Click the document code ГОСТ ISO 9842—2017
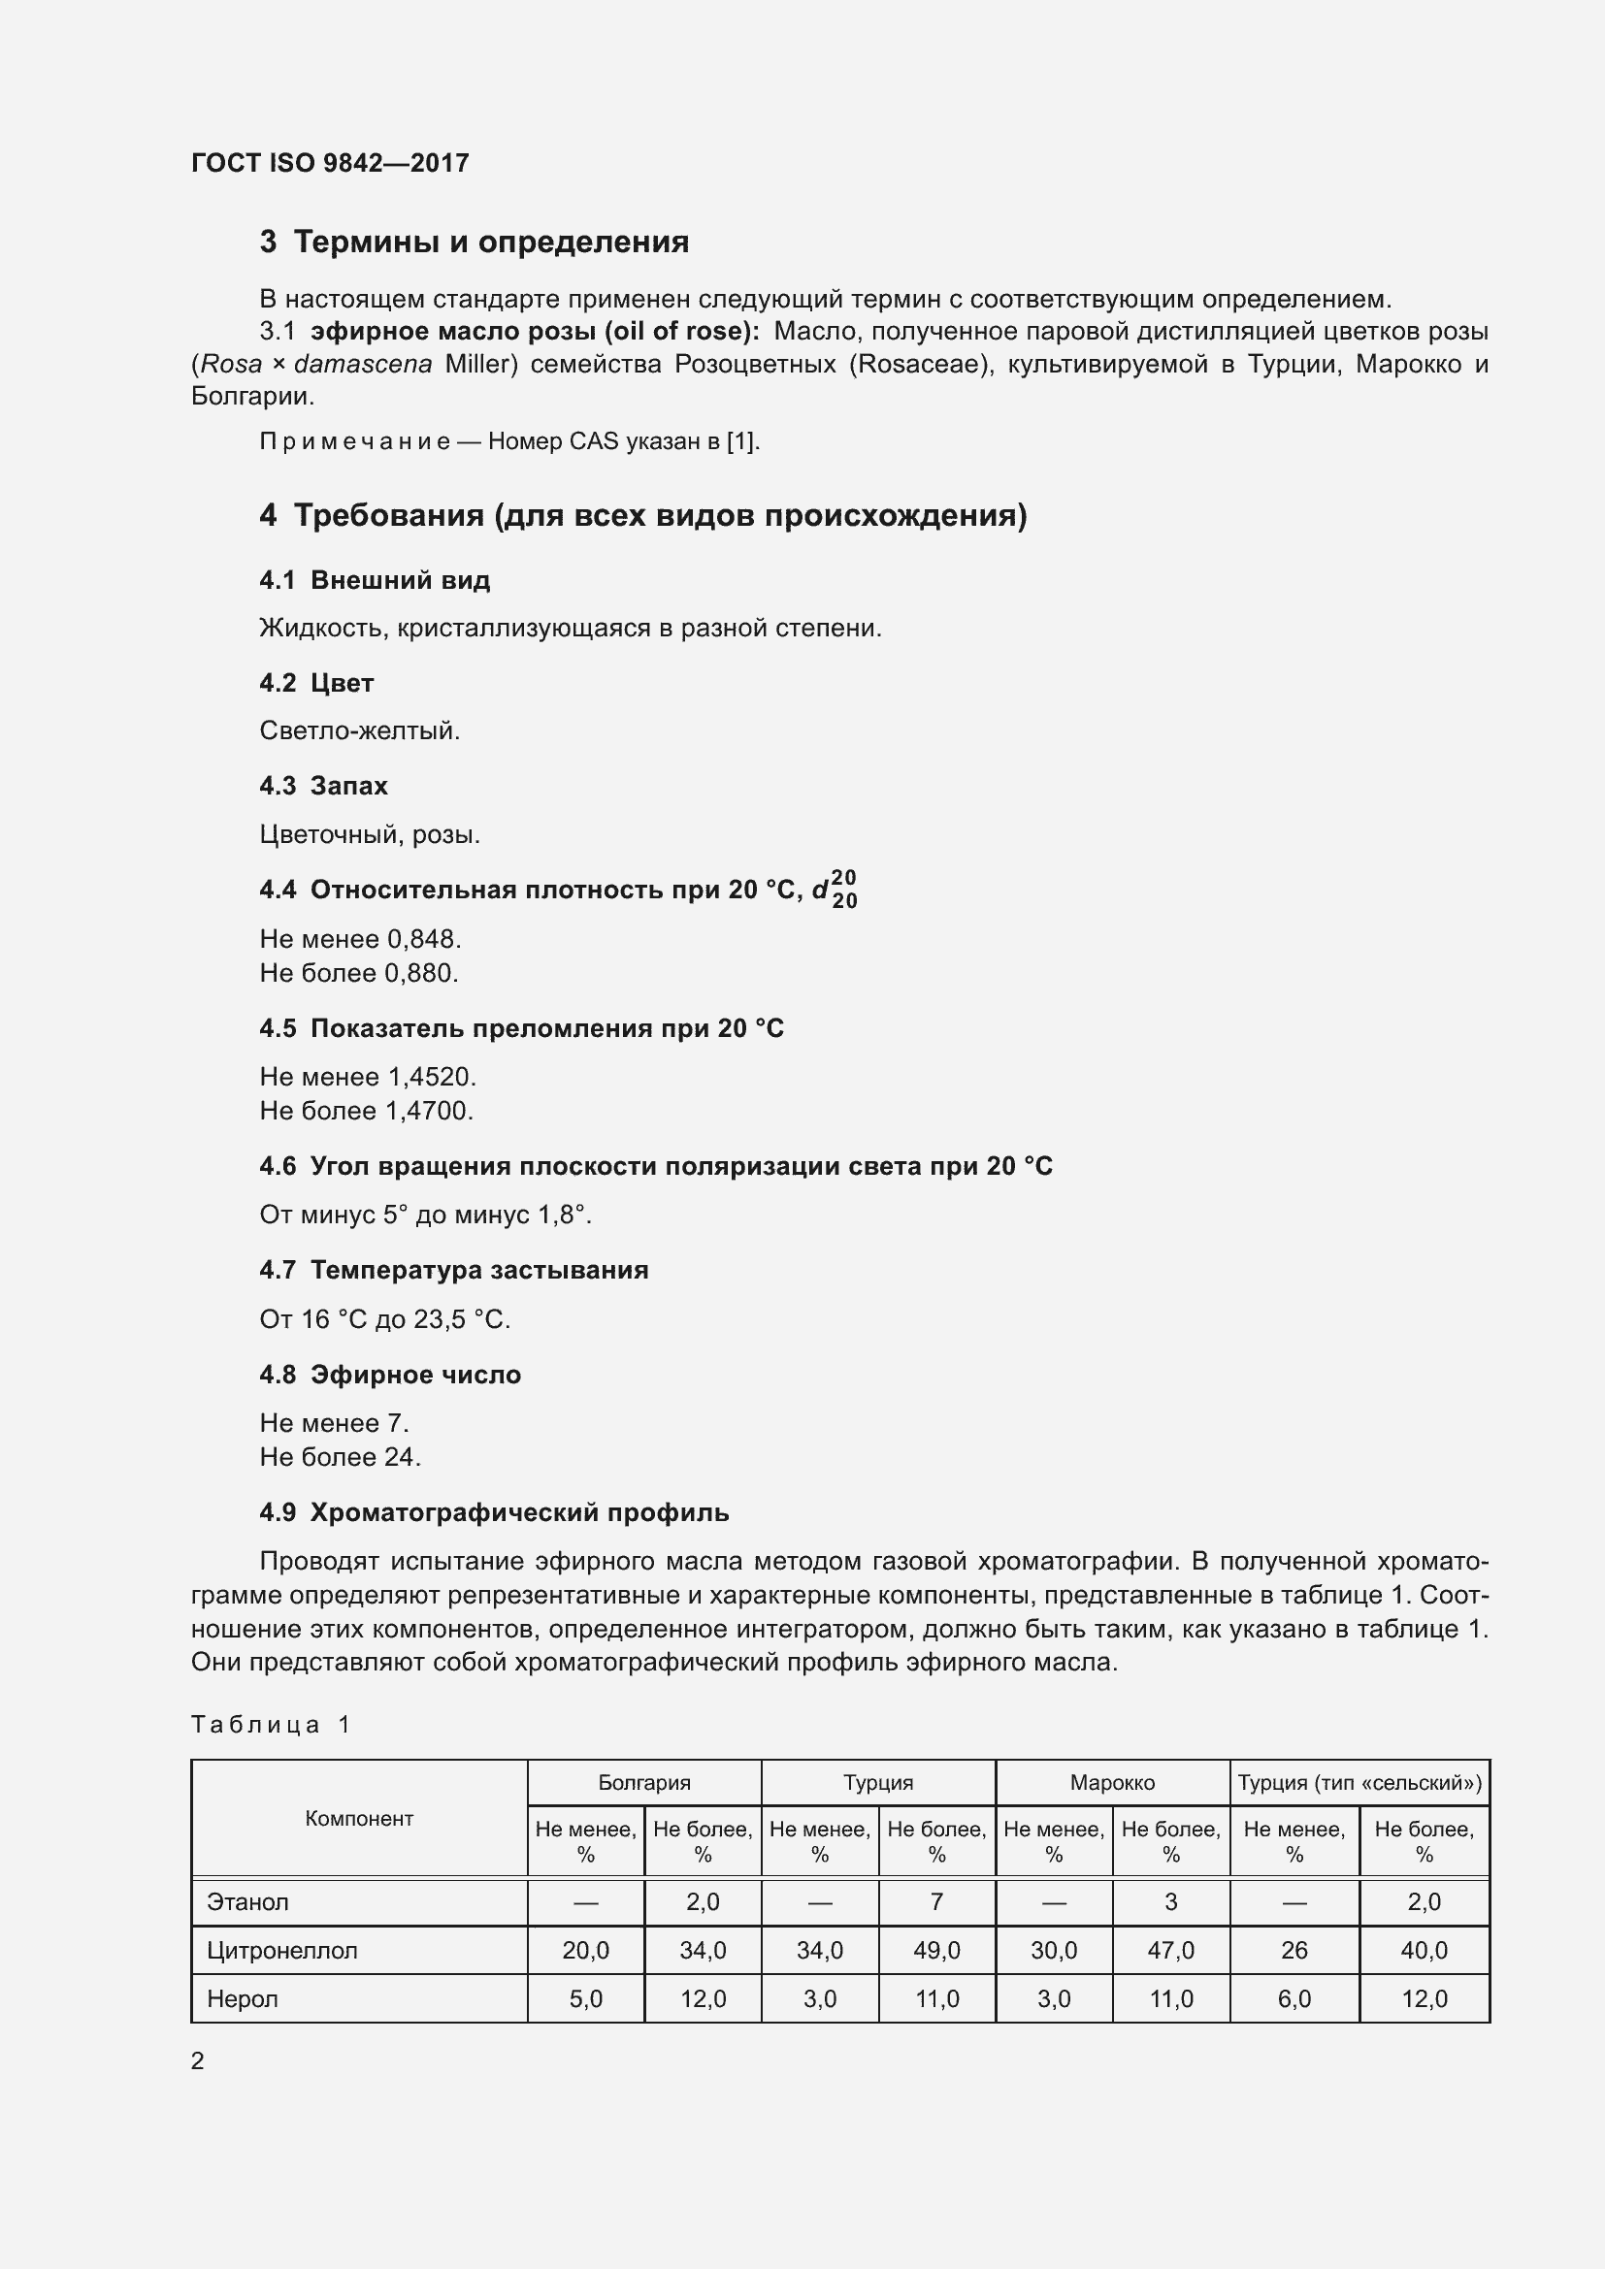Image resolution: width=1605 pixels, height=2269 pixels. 330,163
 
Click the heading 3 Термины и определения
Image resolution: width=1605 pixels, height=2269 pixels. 475,242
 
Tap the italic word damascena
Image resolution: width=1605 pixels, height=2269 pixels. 363,365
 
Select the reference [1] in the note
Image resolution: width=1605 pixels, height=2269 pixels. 741,441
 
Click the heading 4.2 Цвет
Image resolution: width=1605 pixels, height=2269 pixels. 316,683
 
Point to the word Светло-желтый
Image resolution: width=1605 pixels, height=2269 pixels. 359,731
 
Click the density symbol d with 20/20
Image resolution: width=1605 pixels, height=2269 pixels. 835,890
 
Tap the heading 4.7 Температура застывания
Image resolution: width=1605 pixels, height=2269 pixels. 453,1270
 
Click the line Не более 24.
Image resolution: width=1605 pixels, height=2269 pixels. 340,1457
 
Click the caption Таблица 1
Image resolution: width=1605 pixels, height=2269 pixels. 271,1725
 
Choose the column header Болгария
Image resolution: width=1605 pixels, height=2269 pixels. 644,1783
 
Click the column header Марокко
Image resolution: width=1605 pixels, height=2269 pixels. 1112,1783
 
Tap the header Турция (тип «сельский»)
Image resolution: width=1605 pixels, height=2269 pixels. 1359,1783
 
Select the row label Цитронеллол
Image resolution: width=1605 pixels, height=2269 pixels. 281,1951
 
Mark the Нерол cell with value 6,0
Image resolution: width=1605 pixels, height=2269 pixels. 1294,1999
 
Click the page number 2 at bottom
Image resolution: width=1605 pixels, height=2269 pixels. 198,2060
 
